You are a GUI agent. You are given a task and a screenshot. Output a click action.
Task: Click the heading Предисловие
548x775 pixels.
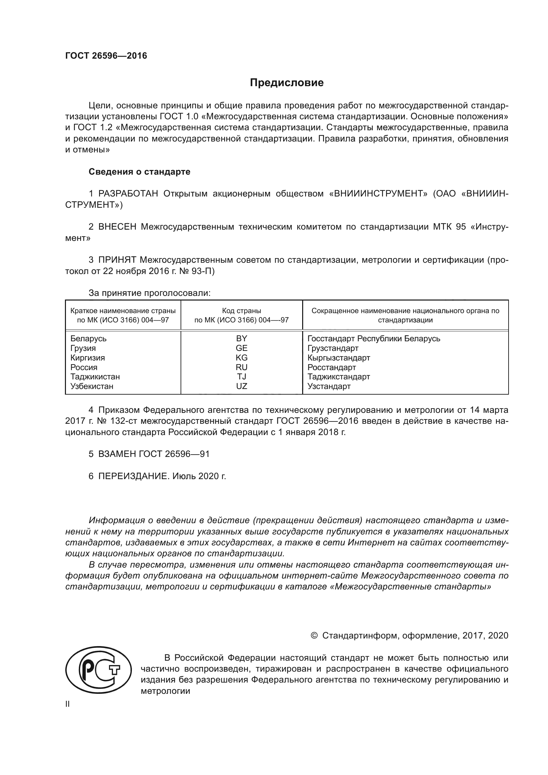pos(287,83)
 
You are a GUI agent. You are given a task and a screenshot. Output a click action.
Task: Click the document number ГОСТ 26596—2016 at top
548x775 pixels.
pos(106,56)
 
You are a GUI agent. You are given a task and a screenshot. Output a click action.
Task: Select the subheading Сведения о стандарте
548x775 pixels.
pos(139,172)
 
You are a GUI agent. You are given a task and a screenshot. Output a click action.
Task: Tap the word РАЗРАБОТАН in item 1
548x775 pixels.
pos(128,194)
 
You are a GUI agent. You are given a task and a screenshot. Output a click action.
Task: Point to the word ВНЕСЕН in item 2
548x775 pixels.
pos(117,227)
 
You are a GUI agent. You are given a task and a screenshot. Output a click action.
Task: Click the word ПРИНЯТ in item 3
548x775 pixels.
pos(117,260)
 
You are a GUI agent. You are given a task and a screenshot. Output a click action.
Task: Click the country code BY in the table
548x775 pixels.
pos(242,338)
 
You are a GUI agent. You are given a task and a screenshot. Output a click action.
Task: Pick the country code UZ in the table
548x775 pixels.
pos(242,386)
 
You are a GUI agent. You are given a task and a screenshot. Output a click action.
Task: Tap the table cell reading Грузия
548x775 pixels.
pos(83,348)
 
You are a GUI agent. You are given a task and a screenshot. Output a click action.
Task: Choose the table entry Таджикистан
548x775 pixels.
pos(95,377)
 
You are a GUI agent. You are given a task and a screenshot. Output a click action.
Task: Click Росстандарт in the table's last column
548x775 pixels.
pos(331,367)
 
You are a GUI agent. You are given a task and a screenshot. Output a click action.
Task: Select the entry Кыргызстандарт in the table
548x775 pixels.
pos(339,358)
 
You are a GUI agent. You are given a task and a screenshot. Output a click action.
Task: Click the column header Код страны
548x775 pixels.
pos(242,311)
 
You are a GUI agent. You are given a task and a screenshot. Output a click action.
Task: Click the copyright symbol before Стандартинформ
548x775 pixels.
pos(314,636)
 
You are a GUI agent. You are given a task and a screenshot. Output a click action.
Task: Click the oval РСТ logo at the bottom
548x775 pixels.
pos(98,670)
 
